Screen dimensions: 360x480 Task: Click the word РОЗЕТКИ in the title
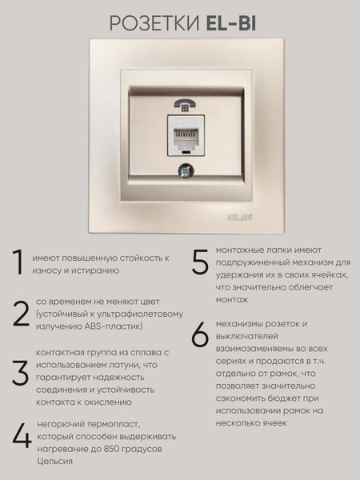click(154, 23)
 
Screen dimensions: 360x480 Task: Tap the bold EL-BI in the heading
click(231, 23)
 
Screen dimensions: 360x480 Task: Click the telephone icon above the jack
click(186, 106)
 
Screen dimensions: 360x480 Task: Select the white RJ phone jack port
click(186, 135)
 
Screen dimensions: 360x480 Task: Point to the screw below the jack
click(186, 171)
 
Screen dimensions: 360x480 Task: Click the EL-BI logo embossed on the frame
click(240, 218)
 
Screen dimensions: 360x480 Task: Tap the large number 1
click(18, 262)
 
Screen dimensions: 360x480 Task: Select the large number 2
click(21, 314)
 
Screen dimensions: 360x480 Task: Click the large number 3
click(21, 373)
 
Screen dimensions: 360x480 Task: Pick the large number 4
click(22, 435)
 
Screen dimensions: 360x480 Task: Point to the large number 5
click(200, 261)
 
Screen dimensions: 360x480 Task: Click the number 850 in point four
click(111, 449)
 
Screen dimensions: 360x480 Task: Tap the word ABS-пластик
click(114, 326)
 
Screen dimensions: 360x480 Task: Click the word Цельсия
click(54, 462)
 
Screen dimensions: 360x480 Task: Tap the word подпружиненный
click(253, 262)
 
